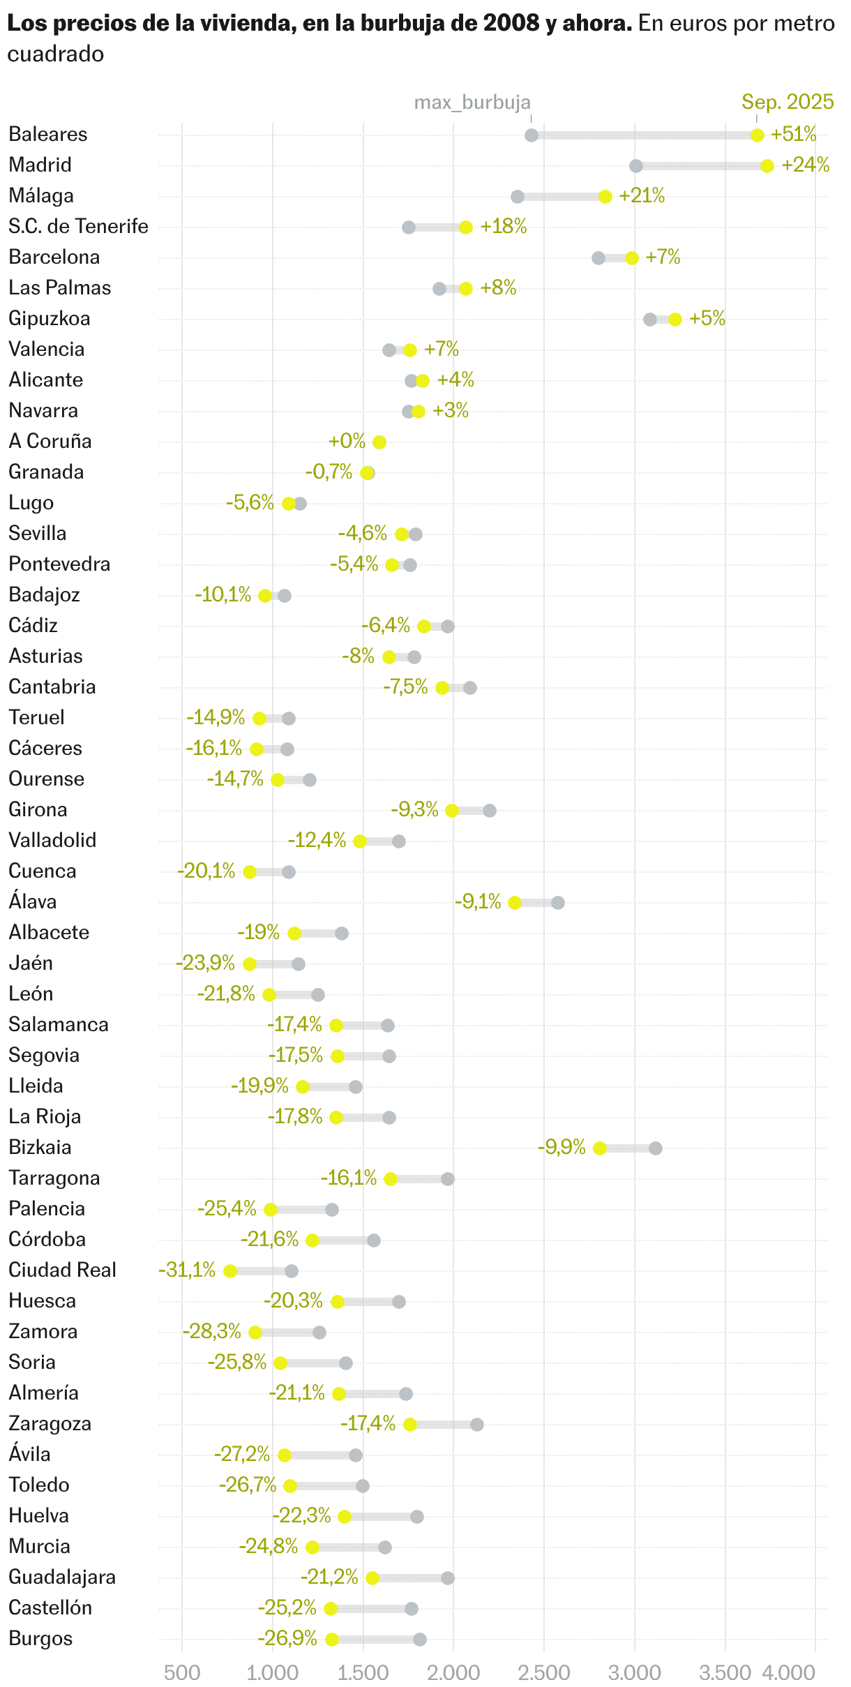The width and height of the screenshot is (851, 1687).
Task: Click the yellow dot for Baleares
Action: (x=757, y=135)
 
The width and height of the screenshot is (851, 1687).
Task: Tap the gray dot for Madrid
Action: (x=635, y=166)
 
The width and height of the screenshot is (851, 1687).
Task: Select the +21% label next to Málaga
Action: (x=642, y=196)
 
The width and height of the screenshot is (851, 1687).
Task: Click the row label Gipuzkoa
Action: (x=50, y=319)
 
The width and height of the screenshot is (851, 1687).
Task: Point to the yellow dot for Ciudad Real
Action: (x=230, y=1270)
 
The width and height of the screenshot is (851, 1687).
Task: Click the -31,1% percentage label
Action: (x=187, y=1270)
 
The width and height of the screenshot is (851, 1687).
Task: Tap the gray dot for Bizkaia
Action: (x=655, y=1148)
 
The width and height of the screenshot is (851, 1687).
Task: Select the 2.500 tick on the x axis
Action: (x=544, y=1672)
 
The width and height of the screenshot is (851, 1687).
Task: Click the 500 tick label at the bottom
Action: (x=182, y=1672)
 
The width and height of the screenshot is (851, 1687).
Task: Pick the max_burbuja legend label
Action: (x=472, y=103)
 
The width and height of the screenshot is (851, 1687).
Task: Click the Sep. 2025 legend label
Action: (x=788, y=102)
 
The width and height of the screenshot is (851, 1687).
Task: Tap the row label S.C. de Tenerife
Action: (x=78, y=227)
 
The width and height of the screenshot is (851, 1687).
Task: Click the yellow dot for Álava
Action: (x=515, y=902)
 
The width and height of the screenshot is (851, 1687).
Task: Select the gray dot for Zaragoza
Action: (x=477, y=1424)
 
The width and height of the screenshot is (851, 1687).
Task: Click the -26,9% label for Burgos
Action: (x=287, y=1638)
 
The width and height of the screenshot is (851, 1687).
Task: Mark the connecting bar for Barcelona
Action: (x=615, y=258)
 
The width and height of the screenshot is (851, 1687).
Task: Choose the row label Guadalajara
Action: (x=62, y=1577)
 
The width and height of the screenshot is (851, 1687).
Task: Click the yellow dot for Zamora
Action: (x=255, y=1332)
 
